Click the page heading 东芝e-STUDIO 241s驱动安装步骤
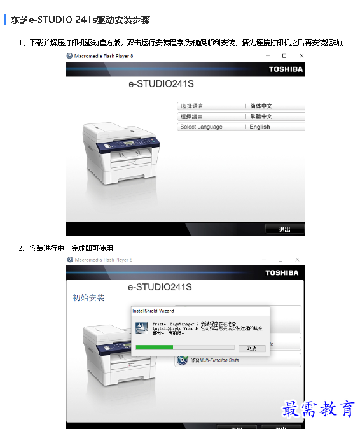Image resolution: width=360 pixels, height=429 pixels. click(80, 20)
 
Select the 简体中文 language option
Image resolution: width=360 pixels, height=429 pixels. click(261, 106)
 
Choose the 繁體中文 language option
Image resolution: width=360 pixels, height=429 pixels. click(261, 116)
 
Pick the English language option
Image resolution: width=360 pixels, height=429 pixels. click(260, 127)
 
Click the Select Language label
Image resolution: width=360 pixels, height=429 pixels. click(201, 127)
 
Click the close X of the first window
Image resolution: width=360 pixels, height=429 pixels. click(301, 56)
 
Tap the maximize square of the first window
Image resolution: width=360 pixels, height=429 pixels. click(284, 56)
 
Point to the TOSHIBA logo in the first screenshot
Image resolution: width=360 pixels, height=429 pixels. click(286, 69)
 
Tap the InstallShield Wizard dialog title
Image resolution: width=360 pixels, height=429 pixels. click(153, 311)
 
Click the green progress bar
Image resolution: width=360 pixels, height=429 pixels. click(155, 348)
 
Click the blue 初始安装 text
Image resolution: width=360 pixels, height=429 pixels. click(88, 298)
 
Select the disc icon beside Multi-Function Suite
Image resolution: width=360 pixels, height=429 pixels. click(180, 361)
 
